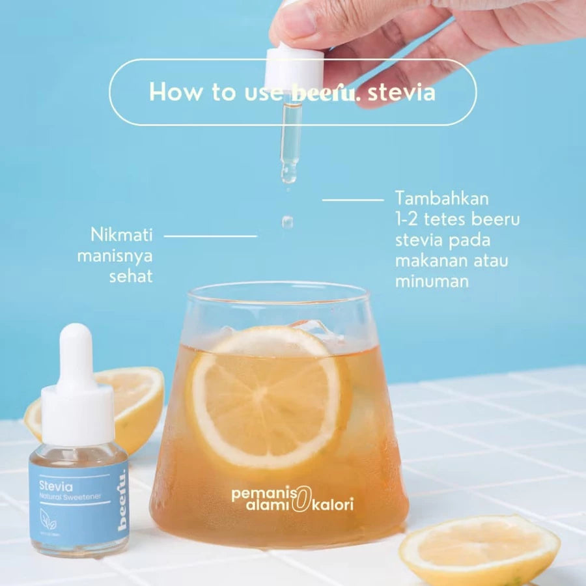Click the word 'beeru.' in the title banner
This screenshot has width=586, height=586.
(326, 92)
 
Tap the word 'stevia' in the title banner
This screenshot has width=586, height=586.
(401, 92)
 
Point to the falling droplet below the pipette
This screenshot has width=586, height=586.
(287, 222)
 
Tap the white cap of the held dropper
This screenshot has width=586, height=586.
(294, 68)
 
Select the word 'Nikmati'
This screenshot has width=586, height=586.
(122, 234)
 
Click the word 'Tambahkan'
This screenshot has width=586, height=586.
(441, 198)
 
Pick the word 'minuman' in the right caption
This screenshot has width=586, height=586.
(432, 281)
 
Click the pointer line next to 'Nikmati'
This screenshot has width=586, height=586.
(210, 235)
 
